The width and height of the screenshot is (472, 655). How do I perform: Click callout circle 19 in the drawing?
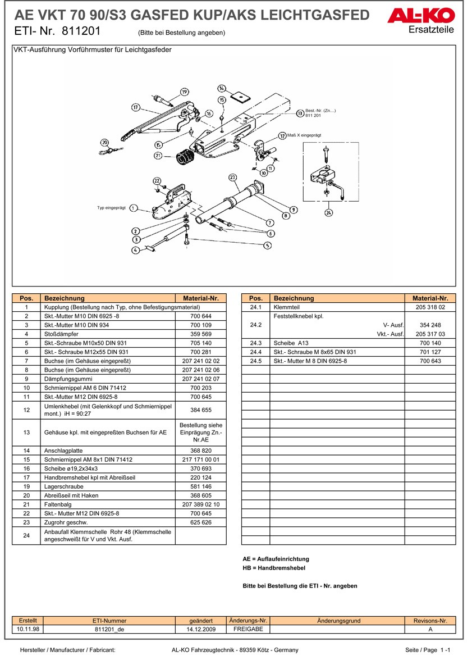click(x=184, y=92)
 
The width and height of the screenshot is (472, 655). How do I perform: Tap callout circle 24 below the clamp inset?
click(x=328, y=212)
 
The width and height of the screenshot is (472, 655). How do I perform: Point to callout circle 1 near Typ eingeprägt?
click(x=133, y=208)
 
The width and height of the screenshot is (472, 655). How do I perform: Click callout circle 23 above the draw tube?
click(x=232, y=178)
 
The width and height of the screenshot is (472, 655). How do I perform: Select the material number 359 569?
click(x=201, y=334)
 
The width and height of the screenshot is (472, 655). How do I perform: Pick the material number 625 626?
click(x=201, y=522)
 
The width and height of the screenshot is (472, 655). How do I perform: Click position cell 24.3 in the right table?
click(x=255, y=343)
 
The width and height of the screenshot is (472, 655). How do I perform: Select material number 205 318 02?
click(x=430, y=307)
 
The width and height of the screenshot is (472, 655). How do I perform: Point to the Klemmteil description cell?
click(x=337, y=307)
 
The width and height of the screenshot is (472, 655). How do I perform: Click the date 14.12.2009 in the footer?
click(x=201, y=629)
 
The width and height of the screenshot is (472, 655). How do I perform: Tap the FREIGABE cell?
click(x=248, y=629)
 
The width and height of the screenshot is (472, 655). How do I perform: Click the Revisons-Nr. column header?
click(x=430, y=621)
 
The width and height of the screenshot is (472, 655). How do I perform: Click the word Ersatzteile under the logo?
click(x=432, y=30)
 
